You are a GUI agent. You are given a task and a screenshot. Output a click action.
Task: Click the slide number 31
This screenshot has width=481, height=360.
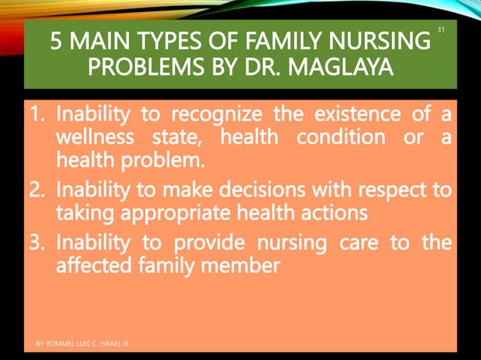(442, 30)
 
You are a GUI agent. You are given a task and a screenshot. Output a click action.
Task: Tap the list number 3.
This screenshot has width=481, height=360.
(39, 243)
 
